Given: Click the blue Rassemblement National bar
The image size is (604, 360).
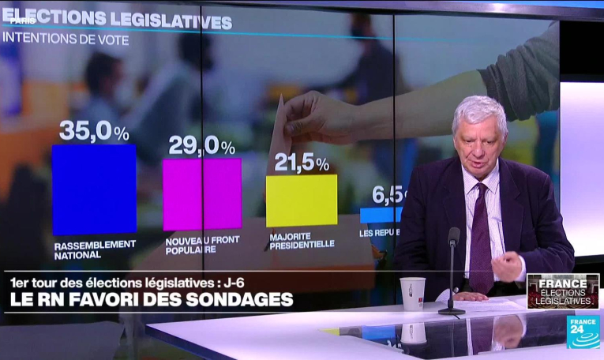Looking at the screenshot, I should [94, 189].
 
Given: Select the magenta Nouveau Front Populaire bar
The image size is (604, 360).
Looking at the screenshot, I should [202, 193].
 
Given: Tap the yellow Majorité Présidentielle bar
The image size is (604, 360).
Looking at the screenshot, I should [301, 201].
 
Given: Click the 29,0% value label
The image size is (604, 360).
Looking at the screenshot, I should [201, 147].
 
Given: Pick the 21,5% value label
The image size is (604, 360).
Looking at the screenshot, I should [301, 163].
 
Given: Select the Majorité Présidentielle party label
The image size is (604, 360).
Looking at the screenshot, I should [301, 240].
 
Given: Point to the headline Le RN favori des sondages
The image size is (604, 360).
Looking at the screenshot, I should [151, 300].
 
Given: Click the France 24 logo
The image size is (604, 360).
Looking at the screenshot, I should [583, 332].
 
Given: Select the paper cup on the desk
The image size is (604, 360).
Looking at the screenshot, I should [412, 293].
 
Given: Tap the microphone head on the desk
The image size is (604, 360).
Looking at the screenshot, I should [454, 235].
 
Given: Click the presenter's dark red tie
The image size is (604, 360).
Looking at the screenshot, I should [480, 237].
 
